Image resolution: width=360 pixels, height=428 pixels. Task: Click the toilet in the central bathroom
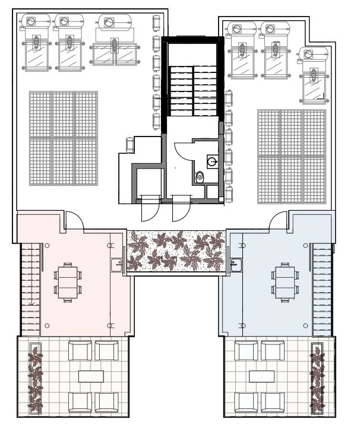coord(200,176)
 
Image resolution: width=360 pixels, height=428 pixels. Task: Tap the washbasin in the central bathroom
coord(212,160)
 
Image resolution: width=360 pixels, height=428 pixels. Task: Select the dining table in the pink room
coord(66,283)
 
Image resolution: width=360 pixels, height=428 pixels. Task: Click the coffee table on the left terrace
coord(90,376)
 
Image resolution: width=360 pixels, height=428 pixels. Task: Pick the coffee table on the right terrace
coord(261,376)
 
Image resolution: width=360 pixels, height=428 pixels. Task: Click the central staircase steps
coord(193,89)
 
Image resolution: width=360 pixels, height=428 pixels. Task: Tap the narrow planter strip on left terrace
coord(36,379)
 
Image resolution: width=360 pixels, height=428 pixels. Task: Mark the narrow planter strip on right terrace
coord(317,379)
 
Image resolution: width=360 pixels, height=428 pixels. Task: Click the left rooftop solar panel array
coord(64,138)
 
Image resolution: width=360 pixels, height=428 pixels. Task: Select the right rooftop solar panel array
coord(292,156)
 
